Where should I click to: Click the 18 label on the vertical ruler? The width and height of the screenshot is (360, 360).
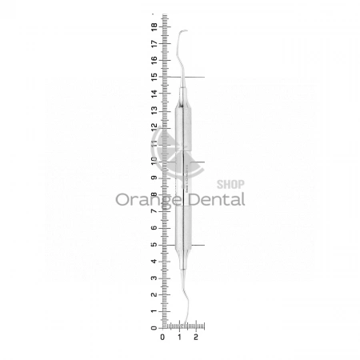click(154, 27)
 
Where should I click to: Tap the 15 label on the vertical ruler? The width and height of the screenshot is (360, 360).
click(154, 77)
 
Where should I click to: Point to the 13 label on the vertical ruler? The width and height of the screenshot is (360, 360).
click(154, 110)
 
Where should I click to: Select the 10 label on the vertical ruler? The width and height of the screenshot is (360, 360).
click(154, 161)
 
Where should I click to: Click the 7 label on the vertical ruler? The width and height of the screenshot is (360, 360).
click(154, 211)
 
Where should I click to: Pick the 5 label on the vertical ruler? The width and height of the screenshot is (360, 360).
click(154, 245)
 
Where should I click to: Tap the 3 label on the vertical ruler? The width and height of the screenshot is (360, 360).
click(154, 278)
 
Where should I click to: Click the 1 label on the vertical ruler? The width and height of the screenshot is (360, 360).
click(154, 311)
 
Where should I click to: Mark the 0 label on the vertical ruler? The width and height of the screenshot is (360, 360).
click(154, 328)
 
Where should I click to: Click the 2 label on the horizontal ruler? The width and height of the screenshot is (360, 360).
click(196, 337)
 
